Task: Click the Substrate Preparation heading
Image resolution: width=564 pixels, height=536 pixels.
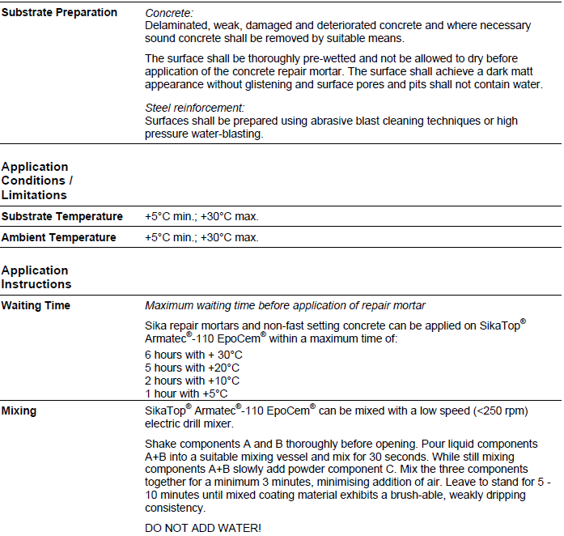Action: (x=59, y=12)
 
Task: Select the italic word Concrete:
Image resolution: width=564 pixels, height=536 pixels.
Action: (x=169, y=14)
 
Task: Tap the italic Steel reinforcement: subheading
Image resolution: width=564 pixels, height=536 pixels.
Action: (x=195, y=108)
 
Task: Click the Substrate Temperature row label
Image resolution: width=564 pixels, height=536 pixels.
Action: (x=62, y=216)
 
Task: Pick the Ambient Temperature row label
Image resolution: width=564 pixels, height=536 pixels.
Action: (x=59, y=237)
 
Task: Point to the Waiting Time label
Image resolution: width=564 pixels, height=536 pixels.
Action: (x=36, y=305)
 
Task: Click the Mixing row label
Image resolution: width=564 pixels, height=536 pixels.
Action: (x=19, y=411)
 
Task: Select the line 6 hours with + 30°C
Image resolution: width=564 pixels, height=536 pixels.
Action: (x=193, y=355)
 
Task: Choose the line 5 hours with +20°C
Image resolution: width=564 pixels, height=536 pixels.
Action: (x=192, y=368)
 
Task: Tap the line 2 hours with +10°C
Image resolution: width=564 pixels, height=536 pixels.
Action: (x=192, y=381)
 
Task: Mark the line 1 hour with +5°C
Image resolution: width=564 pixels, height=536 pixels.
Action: (x=185, y=393)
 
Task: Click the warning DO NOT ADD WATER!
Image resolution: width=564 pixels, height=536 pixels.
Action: (x=203, y=528)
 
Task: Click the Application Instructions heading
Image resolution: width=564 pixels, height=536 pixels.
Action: (x=36, y=277)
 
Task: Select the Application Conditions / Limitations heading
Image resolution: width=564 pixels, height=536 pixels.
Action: (x=37, y=181)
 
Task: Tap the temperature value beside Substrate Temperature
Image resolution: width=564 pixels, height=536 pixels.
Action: (x=201, y=216)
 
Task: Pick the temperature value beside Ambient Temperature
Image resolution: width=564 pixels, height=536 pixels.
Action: (x=201, y=237)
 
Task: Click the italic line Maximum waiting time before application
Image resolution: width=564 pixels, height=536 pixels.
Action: (x=285, y=305)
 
